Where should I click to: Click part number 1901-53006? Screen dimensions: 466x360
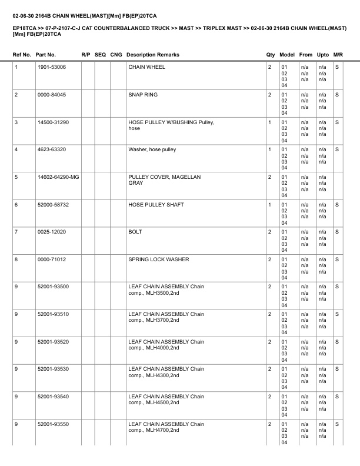pos(51,67)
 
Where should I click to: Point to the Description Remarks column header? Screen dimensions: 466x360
pos(153,55)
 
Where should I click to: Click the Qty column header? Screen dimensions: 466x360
pos(271,55)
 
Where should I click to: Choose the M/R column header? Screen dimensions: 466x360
pos(338,55)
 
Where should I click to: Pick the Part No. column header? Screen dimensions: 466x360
pos(46,55)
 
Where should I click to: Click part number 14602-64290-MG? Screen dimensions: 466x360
pos(57,177)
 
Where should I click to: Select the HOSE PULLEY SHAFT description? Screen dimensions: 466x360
pos(156,205)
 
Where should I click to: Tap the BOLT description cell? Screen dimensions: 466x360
pos(135,232)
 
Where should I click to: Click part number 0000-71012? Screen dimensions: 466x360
pos(51,259)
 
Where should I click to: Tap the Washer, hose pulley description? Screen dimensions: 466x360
pos(152,149)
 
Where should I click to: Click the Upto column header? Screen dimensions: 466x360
pos(322,55)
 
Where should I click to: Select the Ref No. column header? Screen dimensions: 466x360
pos(22,55)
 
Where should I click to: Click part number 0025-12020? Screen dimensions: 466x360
pos(51,232)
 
